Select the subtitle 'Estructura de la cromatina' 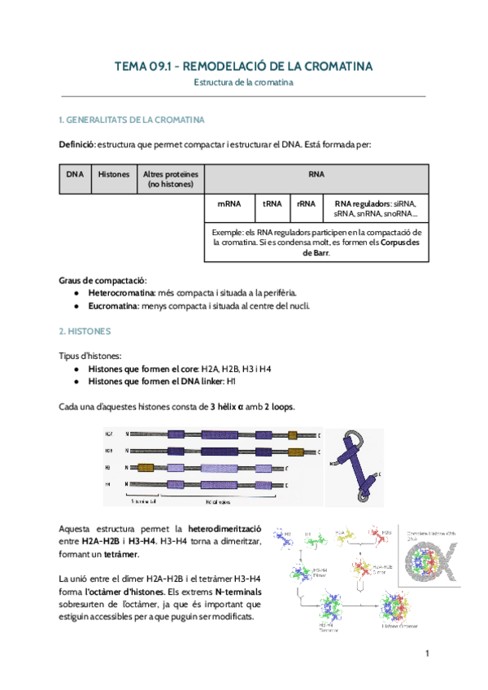[x=243, y=82]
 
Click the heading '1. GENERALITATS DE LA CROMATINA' [x=131, y=120]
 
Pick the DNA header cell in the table [x=75, y=174]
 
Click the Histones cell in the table [x=113, y=174]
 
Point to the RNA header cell [x=316, y=174]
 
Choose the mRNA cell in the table [x=229, y=203]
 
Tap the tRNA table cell [x=272, y=203]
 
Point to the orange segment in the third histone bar [x=146, y=467]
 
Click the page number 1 [x=426, y=654]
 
